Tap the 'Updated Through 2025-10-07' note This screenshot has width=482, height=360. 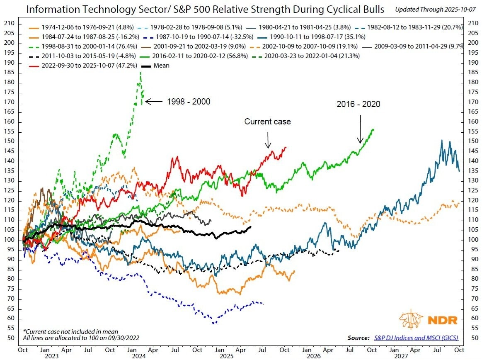[x=435, y=9]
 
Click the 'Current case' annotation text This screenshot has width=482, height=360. [x=267, y=122]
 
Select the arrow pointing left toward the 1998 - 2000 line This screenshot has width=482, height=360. [x=154, y=101]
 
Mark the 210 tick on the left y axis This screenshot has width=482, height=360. [x=12, y=23]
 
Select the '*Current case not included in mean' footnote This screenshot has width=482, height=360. [x=70, y=331]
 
